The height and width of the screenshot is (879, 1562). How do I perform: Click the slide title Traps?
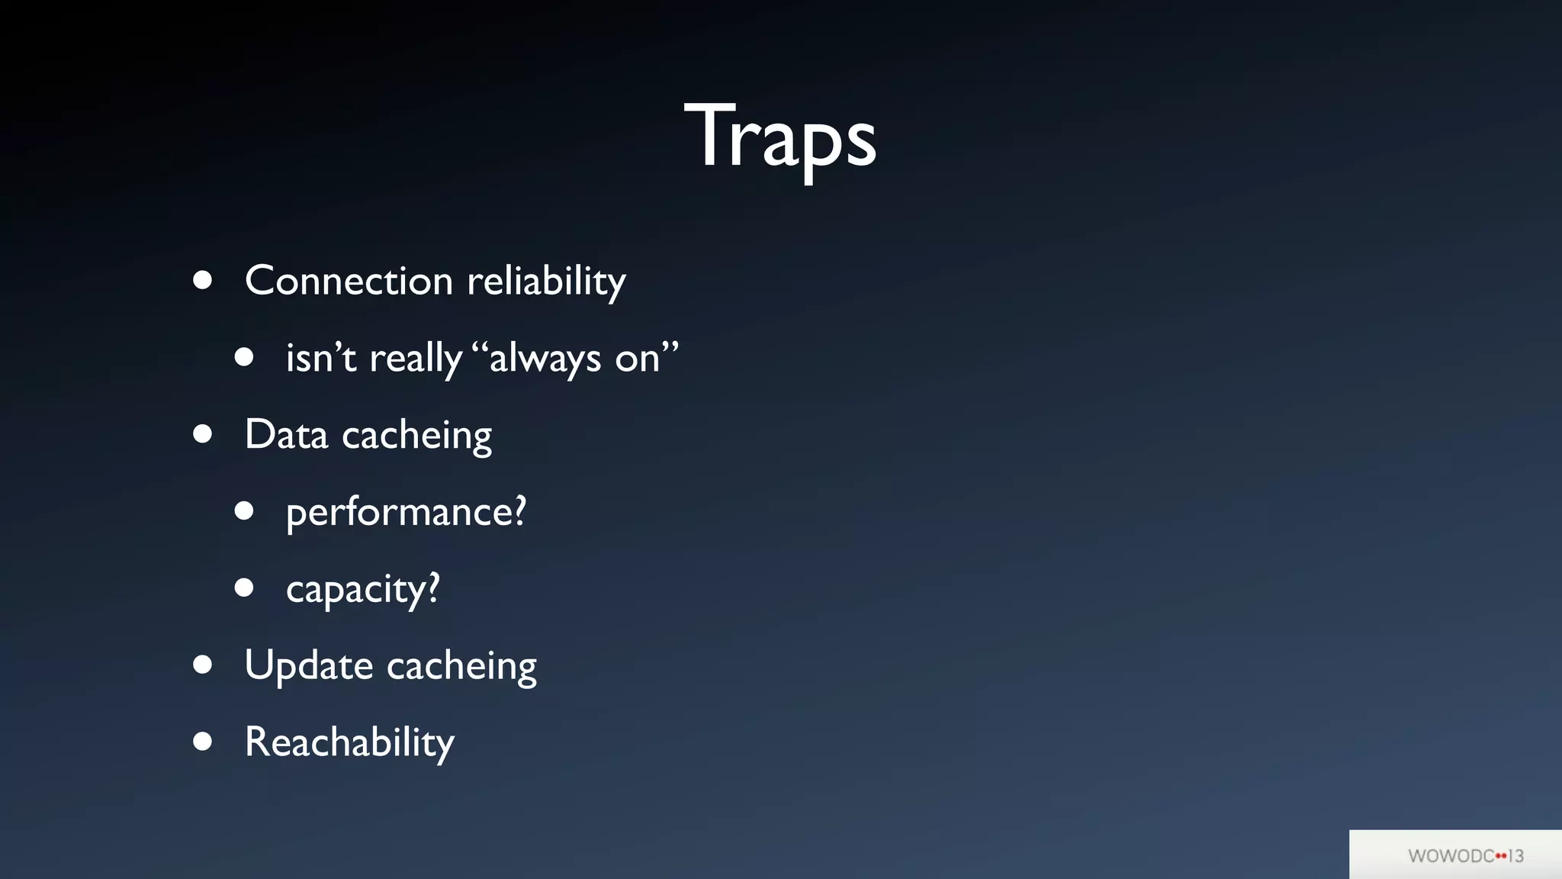pos(779,137)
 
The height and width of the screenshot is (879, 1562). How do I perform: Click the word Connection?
pos(349,281)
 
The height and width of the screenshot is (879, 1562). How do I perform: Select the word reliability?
pos(546,281)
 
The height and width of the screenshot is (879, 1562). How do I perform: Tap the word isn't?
pos(320,357)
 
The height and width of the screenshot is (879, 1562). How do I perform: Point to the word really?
pos(416,359)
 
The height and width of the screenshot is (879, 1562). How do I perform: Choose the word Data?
pos(286,435)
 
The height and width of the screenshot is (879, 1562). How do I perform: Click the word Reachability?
pos(349,742)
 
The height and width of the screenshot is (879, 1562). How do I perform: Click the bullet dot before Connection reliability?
pos(202,280)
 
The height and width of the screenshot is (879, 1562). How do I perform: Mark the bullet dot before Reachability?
pos(202,741)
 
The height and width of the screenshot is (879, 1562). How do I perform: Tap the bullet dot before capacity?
pos(244,588)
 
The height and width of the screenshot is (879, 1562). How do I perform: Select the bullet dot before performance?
pos(244,510)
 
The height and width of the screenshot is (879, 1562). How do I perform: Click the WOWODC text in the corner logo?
pos(1451,856)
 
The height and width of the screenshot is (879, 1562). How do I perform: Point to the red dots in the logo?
pos(1501,856)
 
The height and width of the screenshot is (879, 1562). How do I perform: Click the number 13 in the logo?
pos(1515,856)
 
